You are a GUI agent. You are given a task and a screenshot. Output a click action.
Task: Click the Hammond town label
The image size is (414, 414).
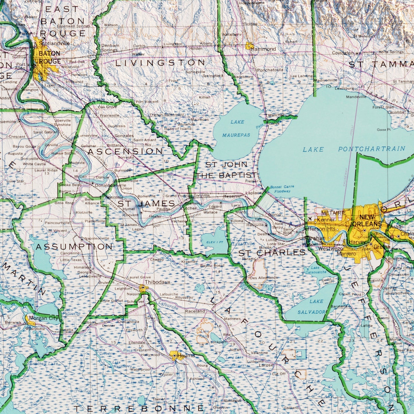pyautogui.click(x=263, y=49)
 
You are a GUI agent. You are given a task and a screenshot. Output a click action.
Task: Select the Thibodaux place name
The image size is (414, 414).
pyautogui.click(x=157, y=282)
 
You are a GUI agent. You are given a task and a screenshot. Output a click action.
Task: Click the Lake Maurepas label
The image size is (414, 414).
pyautogui.click(x=237, y=128)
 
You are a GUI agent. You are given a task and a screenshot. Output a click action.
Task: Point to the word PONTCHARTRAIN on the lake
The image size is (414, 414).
pyautogui.click(x=372, y=149)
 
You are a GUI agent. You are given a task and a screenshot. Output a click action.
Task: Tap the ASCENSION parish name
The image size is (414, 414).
pyautogui.click(x=125, y=151)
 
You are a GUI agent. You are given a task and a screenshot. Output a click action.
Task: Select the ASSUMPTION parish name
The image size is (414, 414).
pyautogui.click(x=74, y=247)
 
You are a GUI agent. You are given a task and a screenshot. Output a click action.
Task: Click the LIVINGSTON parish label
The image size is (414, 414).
pyautogui.click(x=160, y=63)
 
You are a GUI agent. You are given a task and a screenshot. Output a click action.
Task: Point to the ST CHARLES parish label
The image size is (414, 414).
pyautogui.click(x=272, y=253)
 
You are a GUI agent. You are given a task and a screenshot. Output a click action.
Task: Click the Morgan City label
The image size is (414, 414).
pyautogui.click(x=44, y=318)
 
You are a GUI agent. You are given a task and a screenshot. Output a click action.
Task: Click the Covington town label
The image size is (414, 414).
pyautogui.click(x=343, y=53)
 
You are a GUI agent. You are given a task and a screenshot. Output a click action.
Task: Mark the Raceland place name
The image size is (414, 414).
pyautogui.click(x=195, y=311)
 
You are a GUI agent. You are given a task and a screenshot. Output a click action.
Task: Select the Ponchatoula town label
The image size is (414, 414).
pyautogui.click(x=270, y=70)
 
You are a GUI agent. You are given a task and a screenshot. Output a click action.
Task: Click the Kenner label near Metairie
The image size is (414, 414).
pyautogui.click(x=326, y=220)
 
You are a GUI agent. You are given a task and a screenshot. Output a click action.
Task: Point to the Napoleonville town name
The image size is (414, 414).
pyautogui.click(x=97, y=238)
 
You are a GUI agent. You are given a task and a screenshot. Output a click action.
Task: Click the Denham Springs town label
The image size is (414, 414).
pyautogui.click(x=110, y=48)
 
